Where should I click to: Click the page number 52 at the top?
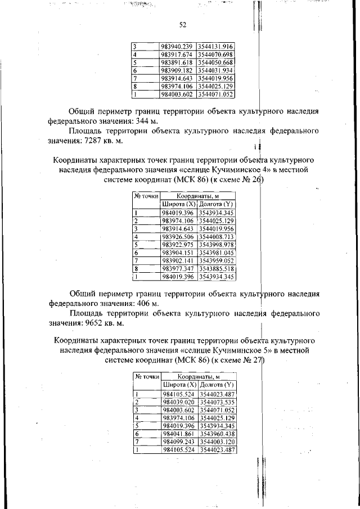coord(182,25)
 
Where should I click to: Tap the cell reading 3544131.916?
coord(215,46)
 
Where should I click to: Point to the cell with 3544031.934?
coord(215,70)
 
